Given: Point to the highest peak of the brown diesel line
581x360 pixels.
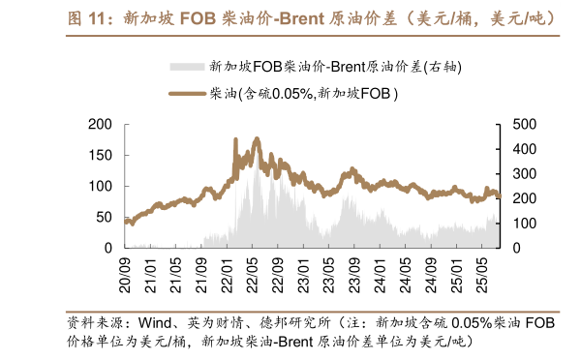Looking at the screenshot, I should tap(256, 139).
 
